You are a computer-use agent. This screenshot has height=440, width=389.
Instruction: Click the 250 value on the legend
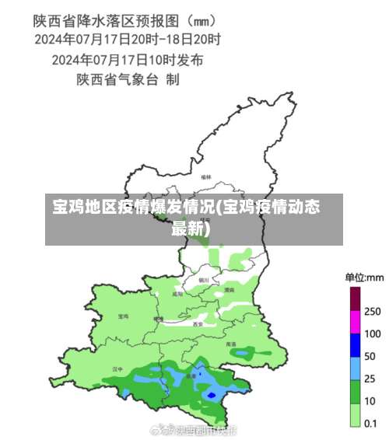click(x=372, y=311)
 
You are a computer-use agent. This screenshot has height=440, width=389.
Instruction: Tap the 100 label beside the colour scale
click(x=372, y=333)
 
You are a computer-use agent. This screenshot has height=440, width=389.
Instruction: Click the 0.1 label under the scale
click(x=371, y=424)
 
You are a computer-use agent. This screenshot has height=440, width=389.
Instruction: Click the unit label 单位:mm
click(x=364, y=277)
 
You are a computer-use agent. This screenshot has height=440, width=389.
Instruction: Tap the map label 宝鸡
click(x=123, y=316)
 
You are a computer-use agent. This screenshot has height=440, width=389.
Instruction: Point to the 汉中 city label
click(x=117, y=368)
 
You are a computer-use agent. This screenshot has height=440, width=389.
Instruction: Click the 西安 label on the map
click(x=198, y=323)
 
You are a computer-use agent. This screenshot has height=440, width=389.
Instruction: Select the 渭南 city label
click(x=229, y=289)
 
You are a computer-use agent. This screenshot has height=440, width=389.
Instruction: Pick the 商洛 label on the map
click(x=231, y=343)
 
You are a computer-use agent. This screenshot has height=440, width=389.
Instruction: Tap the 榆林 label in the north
click(x=206, y=177)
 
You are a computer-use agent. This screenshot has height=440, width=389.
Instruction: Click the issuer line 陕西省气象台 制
click(x=128, y=79)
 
